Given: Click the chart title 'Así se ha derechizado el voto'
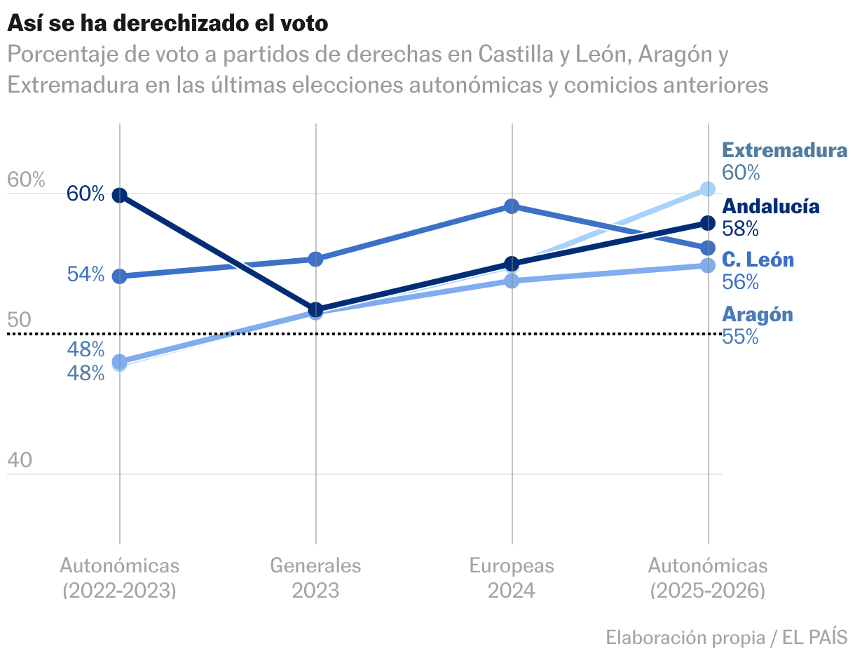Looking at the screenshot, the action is pyautogui.click(x=167, y=23).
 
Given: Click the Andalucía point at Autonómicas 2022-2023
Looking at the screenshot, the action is pyautogui.click(x=120, y=195).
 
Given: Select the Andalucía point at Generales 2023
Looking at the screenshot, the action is pyautogui.click(x=315, y=309).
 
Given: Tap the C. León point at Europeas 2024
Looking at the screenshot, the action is pyautogui.click(x=512, y=206).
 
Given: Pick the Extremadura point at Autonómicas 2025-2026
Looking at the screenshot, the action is pyautogui.click(x=708, y=189).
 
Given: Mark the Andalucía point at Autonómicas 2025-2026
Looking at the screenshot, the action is pyautogui.click(x=708, y=223).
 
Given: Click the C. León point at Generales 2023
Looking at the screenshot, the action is pyautogui.click(x=315, y=260).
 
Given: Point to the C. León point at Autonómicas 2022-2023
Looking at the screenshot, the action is pyautogui.click(x=120, y=276).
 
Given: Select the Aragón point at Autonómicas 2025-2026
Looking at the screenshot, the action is pyautogui.click(x=708, y=265).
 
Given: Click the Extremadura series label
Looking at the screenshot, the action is pyautogui.click(x=784, y=150).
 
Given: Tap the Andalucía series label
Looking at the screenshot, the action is pyautogui.click(x=770, y=206).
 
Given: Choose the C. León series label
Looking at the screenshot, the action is pyautogui.click(x=758, y=260).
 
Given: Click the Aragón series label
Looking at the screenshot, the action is pyautogui.click(x=758, y=315).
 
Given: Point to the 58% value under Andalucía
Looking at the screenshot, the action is pyautogui.click(x=740, y=229).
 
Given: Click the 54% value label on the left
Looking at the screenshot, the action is pyautogui.click(x=85, y=274).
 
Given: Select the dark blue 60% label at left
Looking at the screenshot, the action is pyautogui.click(x=85, y=194).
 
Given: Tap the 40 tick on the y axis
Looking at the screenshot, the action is pyautogui.click(x=20, y=460).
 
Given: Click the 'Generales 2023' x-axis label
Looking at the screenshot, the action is pyautogui.click(x=315, y=577).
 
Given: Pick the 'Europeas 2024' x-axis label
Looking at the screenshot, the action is pyautogui.click(x=512, y=577).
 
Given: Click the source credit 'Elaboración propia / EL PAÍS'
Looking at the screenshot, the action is pyautogui.click(x=726, y=638).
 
